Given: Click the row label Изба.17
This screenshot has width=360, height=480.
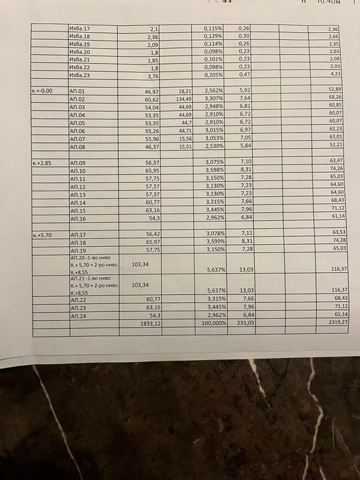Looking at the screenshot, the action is point(80,29).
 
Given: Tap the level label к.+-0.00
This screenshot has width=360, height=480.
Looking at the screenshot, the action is point(43,91).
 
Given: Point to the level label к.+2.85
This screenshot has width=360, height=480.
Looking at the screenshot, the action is point(42,163).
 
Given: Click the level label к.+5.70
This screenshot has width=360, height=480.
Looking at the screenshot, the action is point(42,235).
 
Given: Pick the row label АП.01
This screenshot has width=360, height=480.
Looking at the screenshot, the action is point(77,91).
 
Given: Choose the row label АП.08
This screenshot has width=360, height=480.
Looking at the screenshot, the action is point(77,147).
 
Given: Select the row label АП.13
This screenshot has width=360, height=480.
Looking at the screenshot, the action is point(77,195).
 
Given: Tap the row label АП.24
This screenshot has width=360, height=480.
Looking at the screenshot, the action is point(77,315).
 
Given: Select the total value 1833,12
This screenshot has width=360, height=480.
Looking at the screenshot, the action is point(149,322).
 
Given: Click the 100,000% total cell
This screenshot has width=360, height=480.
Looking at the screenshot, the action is point(213,322).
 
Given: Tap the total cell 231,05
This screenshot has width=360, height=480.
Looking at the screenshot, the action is point(244,322).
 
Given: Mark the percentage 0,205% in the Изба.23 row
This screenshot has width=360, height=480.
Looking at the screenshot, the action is point(215,75).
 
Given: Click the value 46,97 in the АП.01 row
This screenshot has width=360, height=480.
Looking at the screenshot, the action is point(152,91).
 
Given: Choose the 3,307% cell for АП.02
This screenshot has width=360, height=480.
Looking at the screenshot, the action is point(215,99).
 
